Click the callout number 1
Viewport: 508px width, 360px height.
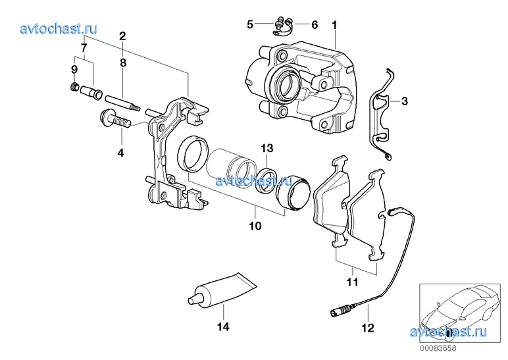334,25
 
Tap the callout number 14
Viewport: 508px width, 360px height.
223,325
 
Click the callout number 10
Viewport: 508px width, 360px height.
255,226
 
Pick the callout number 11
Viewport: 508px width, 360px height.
352,282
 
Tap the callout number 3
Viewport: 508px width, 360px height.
405,101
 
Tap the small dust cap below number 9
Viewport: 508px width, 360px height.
74,87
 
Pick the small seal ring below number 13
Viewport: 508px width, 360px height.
266,178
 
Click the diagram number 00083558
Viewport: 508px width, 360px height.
439,349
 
